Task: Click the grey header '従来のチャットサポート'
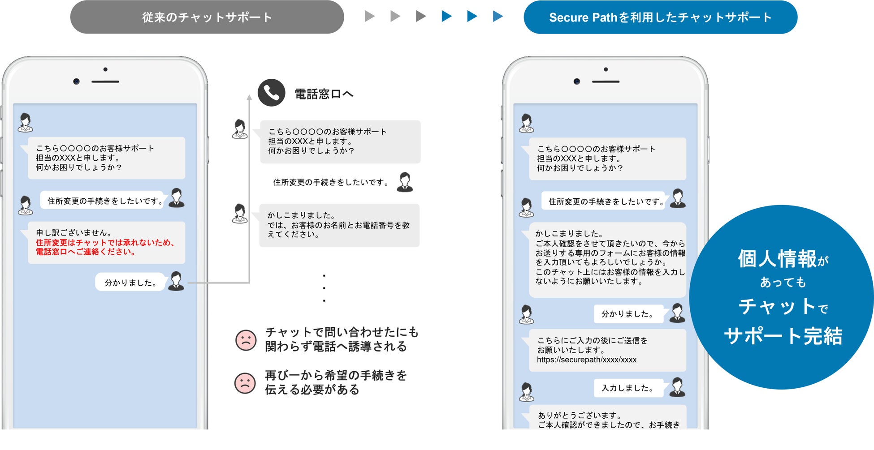(207, 17)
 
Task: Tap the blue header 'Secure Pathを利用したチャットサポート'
(660, 17)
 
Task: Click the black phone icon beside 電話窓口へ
(271, 93)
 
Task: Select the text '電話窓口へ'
(324, 94)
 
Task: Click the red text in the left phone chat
(105, 247)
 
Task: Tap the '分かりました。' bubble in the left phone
(130, 283)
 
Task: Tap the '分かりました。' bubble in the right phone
(627, 314)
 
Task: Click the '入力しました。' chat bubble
(627, 388)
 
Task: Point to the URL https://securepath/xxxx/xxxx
(586, 360)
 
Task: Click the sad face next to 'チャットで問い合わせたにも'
(246, 340)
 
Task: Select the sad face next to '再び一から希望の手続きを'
(245, 383)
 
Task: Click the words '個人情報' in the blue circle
(777, 259)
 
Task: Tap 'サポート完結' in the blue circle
(783, 336)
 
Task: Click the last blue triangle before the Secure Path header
(498, 17)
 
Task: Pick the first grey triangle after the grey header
(369, 17)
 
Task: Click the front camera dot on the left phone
(77, 81)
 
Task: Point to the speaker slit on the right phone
(606, 82)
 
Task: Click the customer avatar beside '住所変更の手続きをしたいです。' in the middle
(405, 182)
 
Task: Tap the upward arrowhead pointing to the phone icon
(249, 97)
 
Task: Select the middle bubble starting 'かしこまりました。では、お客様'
(339, 225)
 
